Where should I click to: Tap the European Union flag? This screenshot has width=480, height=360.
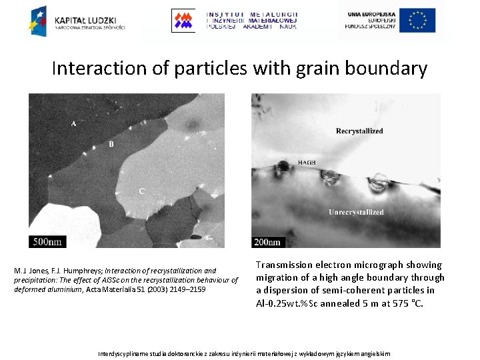pyautogui.click(x=417, y=21)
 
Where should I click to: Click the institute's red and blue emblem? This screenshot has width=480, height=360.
pyautogui.click(x=183, y=21)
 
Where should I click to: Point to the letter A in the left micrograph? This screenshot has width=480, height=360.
pyautogui.click(x=73, y=124)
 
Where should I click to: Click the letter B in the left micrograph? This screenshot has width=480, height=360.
pyautogui.click(x=111, y=144)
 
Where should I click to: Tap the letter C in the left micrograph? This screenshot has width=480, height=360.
pyautogui.click(x=141, y=191)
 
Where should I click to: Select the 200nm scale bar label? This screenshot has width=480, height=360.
pyautogui.click(x=266, y=241)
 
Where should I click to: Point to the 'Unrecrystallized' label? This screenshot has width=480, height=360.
pyautogui.click(x=356, y=212)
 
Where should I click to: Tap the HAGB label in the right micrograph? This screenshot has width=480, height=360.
pyautogui.click(x=307, y=163)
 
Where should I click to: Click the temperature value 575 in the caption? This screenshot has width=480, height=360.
pyautogui.click(x=395, y=303)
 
